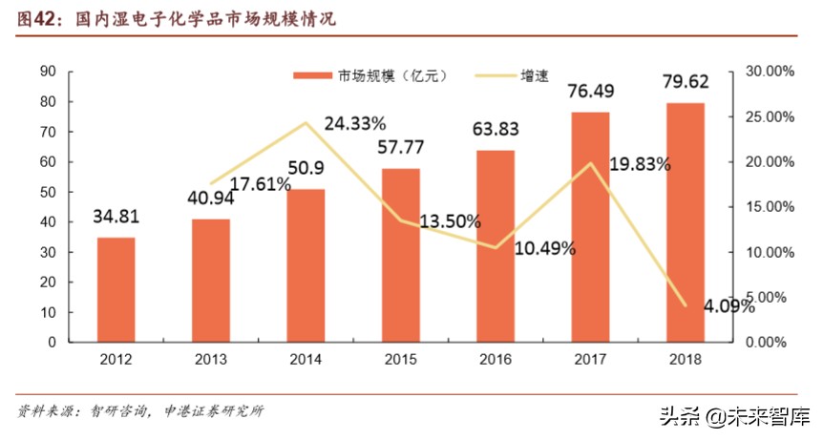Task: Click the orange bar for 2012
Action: pyautogui.click(x=116, y=289)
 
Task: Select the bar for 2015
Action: pyautogui.click(x=400, y=255)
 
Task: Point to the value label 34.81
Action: pyautogui.click(x=116, y=218)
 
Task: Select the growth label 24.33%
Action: pyautogui.click(x=354, y=123)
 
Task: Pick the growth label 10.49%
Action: pyautogui.click(x=544, y=249)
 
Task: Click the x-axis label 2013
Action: pyautogui.click(x=210, y=360)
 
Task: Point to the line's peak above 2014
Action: pyautogui.click(x=306, y=122)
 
